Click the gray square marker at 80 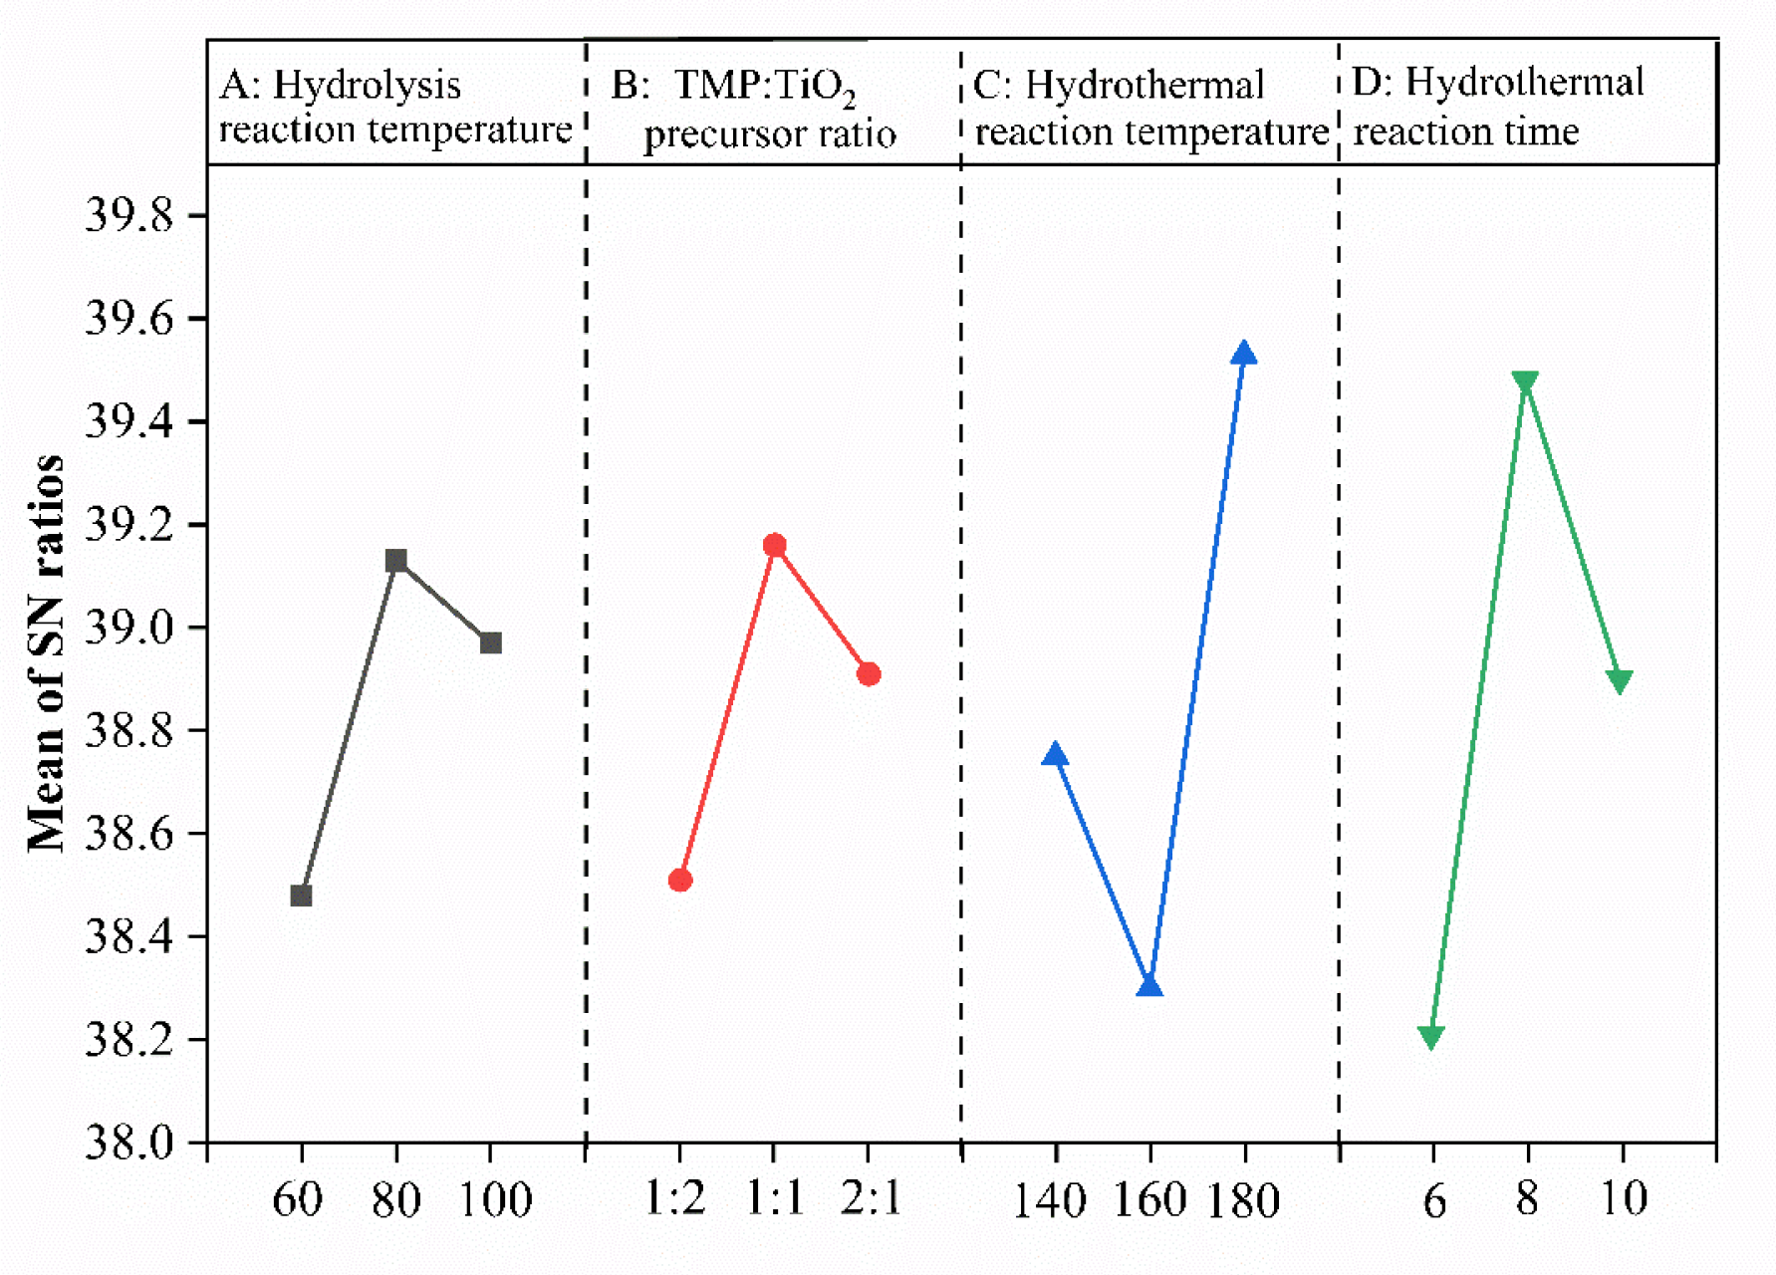coord(396,561)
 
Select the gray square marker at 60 coord(301,895)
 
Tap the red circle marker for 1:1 coord(775,545)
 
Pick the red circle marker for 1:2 coord(680,880)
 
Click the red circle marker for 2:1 coord(869,674)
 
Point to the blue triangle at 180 coord(1243,354)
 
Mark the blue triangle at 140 coord(1055,755)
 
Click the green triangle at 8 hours coord(1525,382)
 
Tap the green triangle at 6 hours coord(1431,1037)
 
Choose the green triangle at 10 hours coord(1620,681)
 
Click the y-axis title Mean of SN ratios coord(46,652)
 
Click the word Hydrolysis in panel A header coord(367,86)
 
